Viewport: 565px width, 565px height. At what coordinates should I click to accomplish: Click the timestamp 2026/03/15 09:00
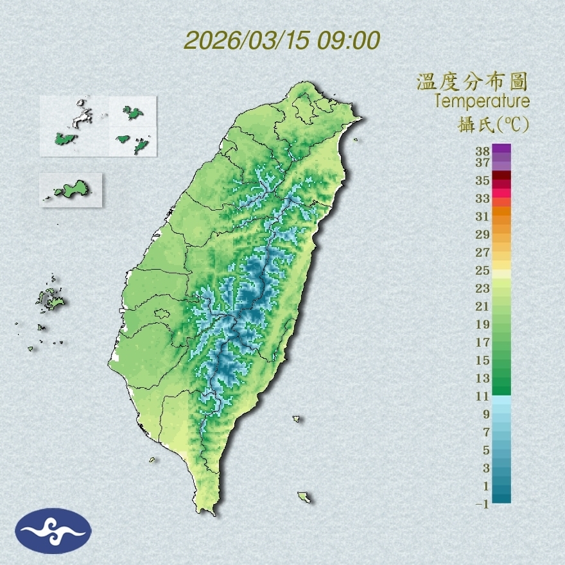pyautogui.click(x=282, y=40)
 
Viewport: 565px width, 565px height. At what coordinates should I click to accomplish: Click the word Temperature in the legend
pyautogui.click(x=482, y=101)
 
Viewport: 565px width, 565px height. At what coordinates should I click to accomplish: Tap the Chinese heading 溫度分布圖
pyautogui.click(x=473, y=82)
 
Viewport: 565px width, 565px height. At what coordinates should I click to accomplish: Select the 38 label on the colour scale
pyautogui.click(x=483, y=152)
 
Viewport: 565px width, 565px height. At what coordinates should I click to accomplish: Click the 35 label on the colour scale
pyautogui.click(x=483, y=180)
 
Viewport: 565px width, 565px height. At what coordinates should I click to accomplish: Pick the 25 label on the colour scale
pyautogui.click(x=483, y=270)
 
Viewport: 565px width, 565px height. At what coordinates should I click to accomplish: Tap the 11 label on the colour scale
pyautogui.click(x=483, y=396)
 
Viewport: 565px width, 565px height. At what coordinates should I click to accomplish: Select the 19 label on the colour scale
pyautogui.click(x=483, y=324)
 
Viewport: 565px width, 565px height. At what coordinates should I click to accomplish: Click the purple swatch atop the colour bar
pyautogui.click(x=502, y=148)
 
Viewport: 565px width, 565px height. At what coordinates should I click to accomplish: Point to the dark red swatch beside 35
pyautogui.click(x=502, y=175)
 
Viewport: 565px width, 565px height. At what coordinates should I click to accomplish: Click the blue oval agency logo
pyautogui.click(x=53, y=531)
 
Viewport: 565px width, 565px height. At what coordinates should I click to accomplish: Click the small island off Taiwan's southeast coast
pyautogui.click(x=304, y=496)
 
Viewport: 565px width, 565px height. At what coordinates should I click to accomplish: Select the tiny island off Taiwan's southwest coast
pyautogui.click(x=153, y=459)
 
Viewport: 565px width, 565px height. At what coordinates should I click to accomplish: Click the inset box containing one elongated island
pyautogui.click(x=71, y=189)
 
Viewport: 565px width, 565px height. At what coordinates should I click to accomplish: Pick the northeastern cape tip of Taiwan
pyautogui.click(x=361, y=119)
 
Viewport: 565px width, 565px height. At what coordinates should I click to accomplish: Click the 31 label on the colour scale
pyautogui.click(x=483, y=216)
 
